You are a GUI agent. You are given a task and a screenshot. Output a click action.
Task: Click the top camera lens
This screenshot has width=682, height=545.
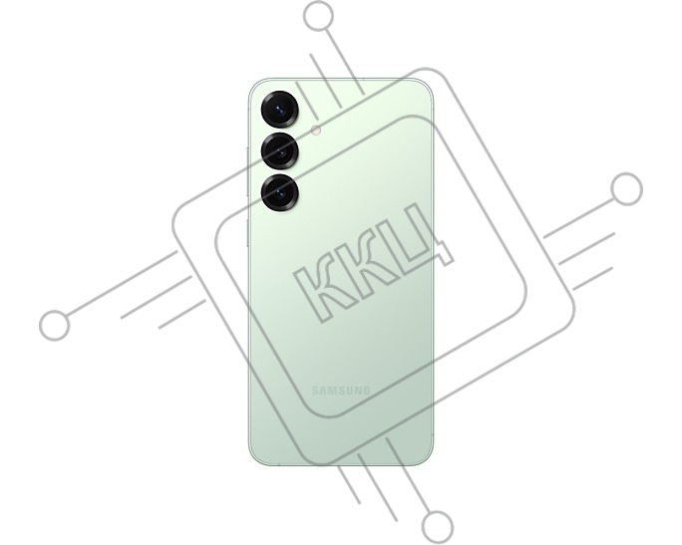(x=280, y=110)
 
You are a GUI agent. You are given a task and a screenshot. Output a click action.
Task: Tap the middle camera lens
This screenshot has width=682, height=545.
(x=280, y=151)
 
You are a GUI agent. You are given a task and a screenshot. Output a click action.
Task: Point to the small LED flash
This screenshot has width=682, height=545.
(x=316, y=130)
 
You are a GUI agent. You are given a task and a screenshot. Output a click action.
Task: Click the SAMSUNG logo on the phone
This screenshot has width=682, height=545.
(x=341, y=391)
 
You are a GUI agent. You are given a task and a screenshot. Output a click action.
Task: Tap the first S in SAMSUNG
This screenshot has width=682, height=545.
(x=315, y=391)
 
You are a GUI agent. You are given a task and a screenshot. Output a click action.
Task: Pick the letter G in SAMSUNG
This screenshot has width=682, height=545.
(x=366, y=391)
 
